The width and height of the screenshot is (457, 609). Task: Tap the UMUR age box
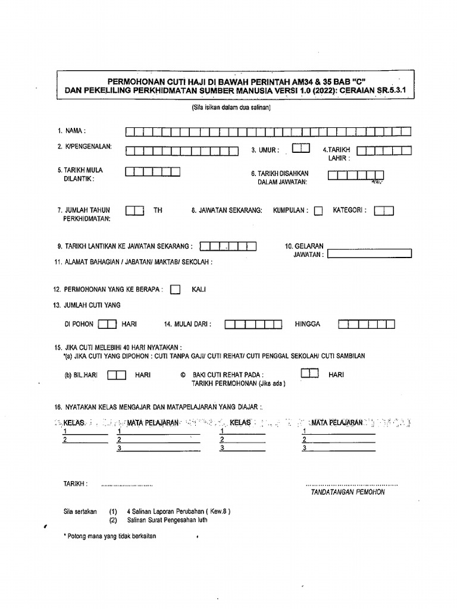301,147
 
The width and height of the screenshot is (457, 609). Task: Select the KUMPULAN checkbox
318,211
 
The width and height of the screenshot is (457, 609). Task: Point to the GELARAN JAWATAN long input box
369,253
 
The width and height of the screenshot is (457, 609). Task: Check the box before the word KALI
176,290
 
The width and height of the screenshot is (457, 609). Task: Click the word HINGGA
307,324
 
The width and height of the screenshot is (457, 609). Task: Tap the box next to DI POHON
107,324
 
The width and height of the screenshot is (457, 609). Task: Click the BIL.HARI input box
117,375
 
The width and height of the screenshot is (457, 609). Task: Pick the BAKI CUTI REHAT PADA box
309,373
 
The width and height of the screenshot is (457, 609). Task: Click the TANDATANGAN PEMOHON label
348,492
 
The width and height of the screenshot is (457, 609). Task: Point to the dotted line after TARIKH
127,485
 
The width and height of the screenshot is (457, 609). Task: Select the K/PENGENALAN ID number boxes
181,151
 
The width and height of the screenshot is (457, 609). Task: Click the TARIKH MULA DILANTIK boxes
152,172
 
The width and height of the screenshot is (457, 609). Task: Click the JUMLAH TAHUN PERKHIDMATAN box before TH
134,211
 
